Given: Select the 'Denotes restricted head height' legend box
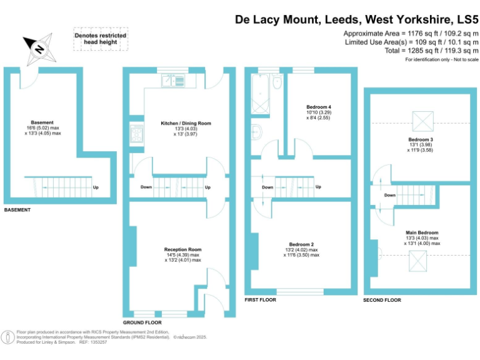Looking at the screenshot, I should coord(101,39).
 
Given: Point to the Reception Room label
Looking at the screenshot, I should coord(182,249).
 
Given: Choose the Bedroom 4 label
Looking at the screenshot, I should coord(319,107).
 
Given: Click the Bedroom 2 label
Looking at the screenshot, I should coord(301,244).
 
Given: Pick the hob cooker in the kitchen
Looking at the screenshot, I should coord(136,133).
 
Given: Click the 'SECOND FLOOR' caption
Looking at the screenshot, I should coord(382,301).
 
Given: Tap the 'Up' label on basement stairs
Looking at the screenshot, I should coord(95,187).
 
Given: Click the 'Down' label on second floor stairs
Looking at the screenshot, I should coord(389,195).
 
